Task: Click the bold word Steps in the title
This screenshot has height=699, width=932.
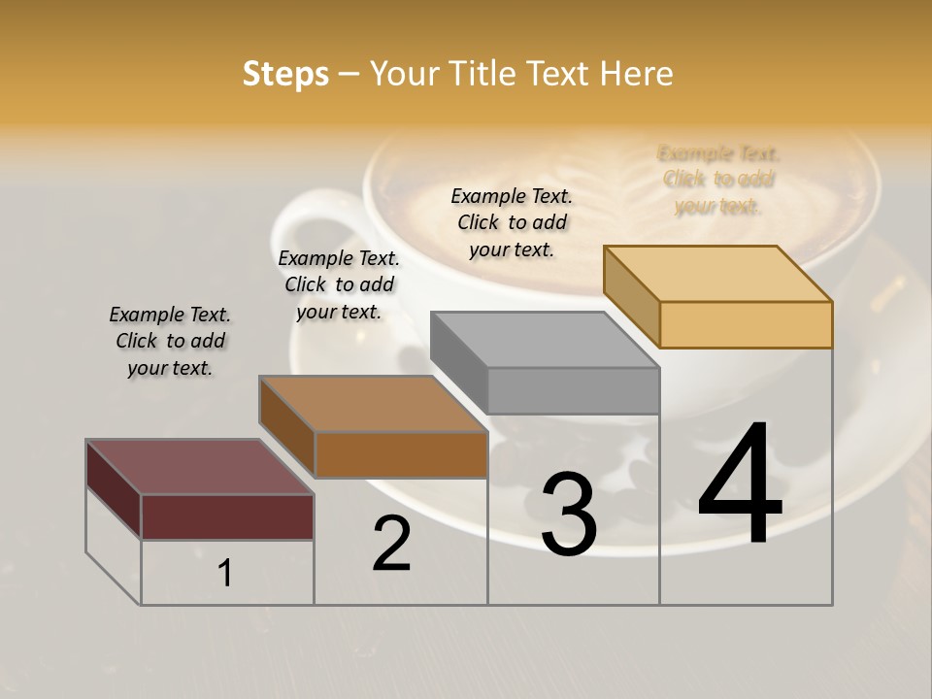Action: click(285, 74)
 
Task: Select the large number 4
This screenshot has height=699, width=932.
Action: click(740, 484)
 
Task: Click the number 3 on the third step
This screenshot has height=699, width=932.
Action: click(569, 515)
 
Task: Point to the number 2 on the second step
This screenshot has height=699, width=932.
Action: click(391, 544)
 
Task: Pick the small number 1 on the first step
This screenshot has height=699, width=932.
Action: click(225, 574)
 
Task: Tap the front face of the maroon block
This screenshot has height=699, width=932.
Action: click(227, 516)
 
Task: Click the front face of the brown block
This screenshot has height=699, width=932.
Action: click(401, 454)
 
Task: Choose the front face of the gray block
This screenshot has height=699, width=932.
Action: click(573, 390)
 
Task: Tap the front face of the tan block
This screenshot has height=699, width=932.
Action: click(746, 324)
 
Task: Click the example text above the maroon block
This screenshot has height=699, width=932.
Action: click(170, 341)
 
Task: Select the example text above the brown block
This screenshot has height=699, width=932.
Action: click(339, 284)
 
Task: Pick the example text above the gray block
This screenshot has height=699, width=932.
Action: click(512, 222)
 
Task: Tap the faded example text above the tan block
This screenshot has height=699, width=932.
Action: click(718, 180)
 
